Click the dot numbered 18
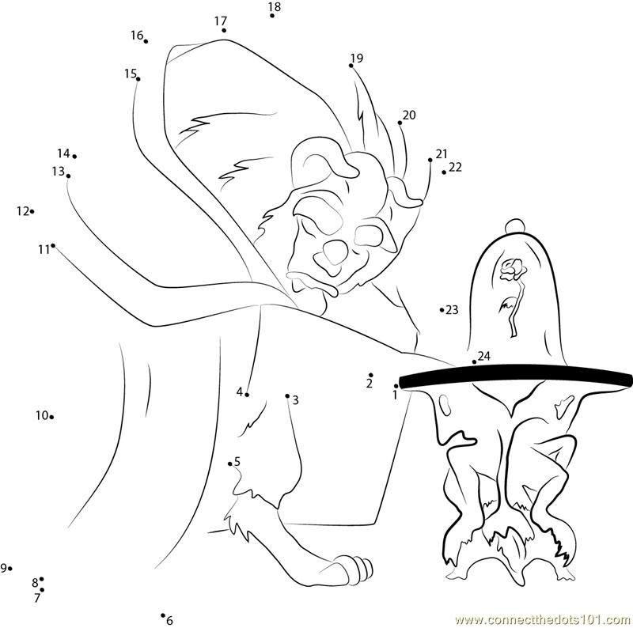pyautogui.click(x=272, y=16)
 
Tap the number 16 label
pyautogui.click(x=137, y=36)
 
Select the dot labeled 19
pyautogui.click(x=351, y=66)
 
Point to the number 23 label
pyautogui.click(x=452, y=309)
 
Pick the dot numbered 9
pyautogui.click(x=10, y=568)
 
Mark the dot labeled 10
pyautogui.click(x=51, y=417)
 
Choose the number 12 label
pyautogui.click(x=23, y=211)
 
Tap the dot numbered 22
pyautogui.click(x=444, y=172)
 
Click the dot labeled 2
pyautogui.click(x=371, y=375)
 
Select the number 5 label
pyautogui.click(x=237, y=461)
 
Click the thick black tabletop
pyautogui.click(x=516, y=376)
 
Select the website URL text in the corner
pyautogui.click(x=544, y=620)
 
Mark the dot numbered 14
pyautogui.click(x=74, y=156)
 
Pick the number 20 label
pyautogui.click(x=409, y=115)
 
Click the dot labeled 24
pyautogui.click(x=474, y=362)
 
